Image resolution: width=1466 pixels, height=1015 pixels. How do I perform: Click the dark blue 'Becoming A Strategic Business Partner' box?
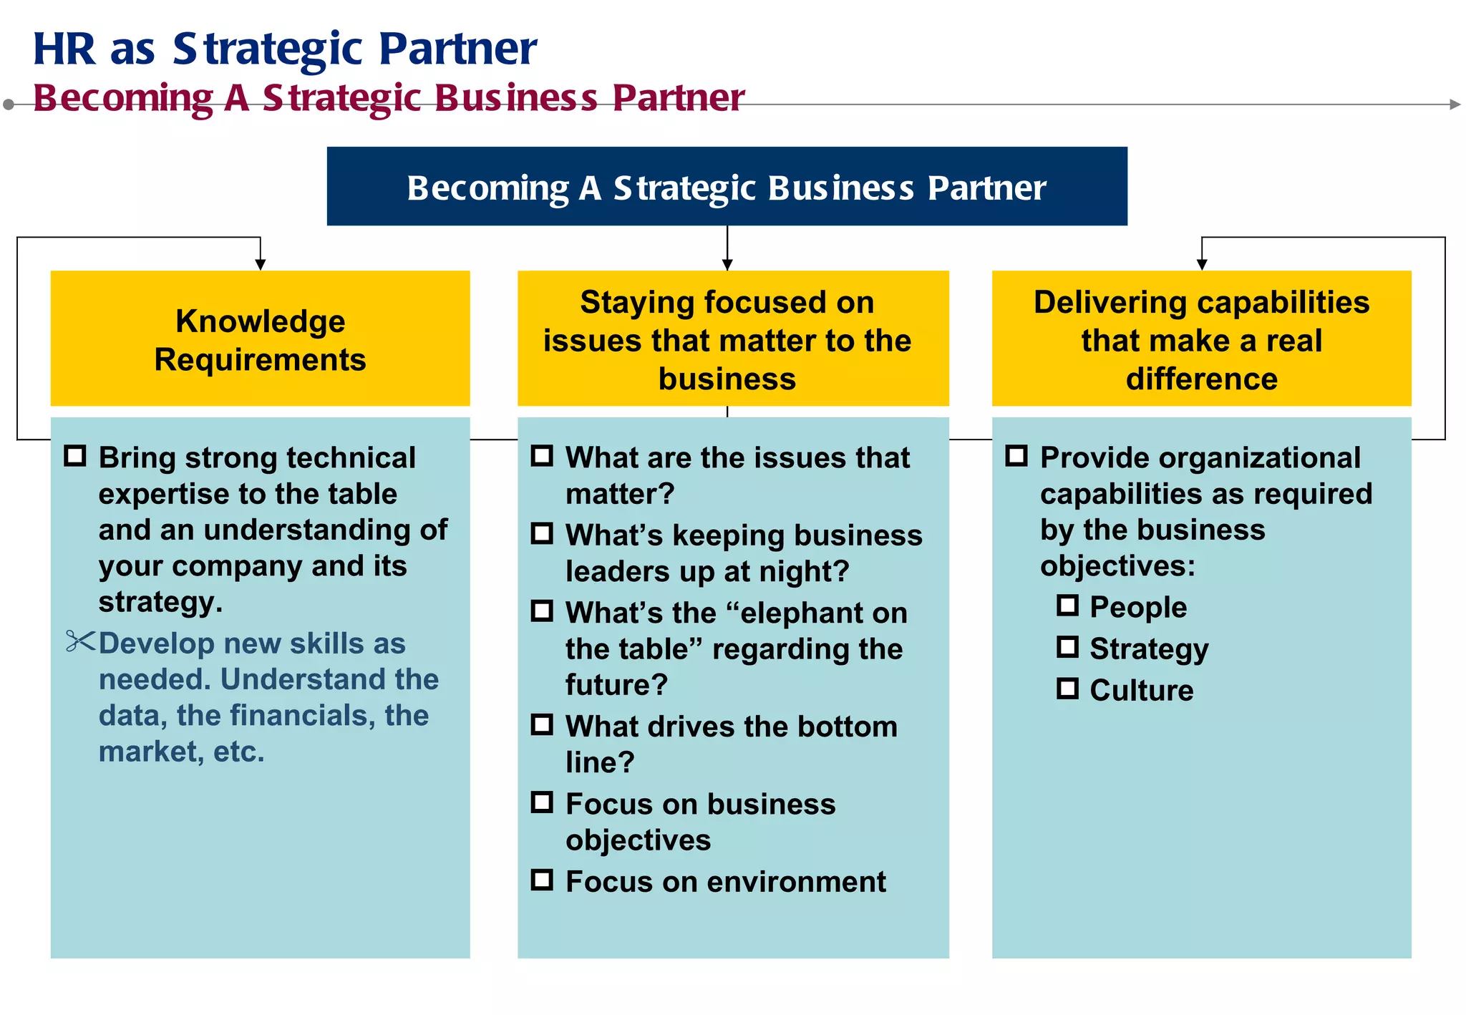click(727, 186)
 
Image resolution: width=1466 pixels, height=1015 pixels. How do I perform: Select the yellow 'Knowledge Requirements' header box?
click(260, 339)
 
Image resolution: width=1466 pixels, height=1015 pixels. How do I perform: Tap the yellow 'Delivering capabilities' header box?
click(1201, 339)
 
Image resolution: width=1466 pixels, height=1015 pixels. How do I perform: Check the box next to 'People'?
click(1067, 606)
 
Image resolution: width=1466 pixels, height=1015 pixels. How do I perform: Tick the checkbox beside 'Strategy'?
click(1067, 647)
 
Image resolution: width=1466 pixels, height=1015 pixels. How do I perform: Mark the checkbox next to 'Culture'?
click(1067, 689)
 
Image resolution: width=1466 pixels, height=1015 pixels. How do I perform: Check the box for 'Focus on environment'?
click(542, 880)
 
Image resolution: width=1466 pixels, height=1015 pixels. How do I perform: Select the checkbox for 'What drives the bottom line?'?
click(542, 724)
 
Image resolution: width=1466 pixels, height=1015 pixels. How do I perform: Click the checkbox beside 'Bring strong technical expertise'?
click(75, 456)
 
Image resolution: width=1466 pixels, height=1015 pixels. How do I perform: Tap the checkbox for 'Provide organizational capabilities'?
click(1016, 456)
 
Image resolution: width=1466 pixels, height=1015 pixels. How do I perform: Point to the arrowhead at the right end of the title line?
click(1455, 105)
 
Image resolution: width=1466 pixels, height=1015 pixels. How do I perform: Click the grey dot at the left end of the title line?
click(9, 105)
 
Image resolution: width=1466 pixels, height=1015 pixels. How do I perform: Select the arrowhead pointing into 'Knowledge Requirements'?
click(261, 265)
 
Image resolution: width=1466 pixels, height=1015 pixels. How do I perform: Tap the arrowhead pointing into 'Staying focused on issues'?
click(727, 265)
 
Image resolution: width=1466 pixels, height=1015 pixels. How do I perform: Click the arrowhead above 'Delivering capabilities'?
click(1202, 265)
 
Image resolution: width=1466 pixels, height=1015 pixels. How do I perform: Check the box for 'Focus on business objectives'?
click(542, 802)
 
